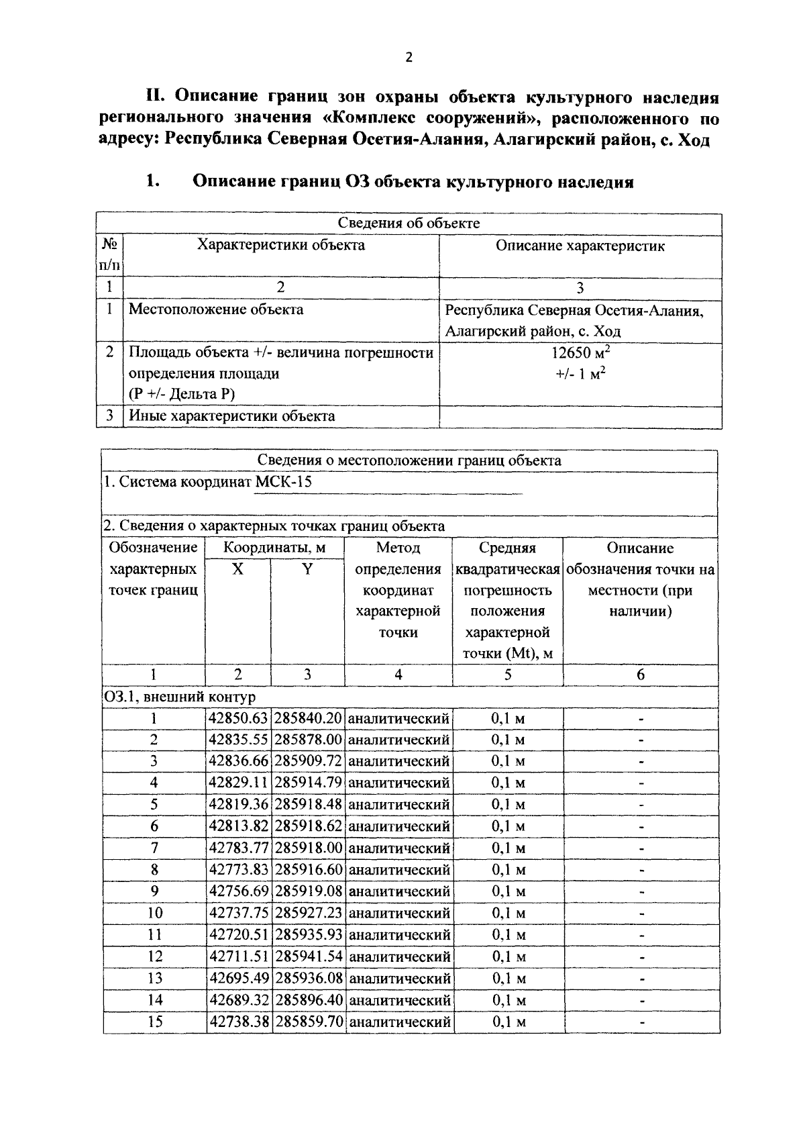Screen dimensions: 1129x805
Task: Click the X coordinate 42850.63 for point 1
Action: click(238, 718)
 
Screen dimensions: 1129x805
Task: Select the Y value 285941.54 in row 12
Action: click(309, 956)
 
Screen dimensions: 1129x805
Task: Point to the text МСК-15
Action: click(284, 482)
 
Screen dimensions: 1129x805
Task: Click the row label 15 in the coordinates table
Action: click(154, 1022)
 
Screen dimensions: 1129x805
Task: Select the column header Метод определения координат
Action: click(398, 590)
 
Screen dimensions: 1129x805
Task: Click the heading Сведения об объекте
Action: click(409, 224)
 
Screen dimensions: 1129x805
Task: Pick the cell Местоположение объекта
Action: click(216, 310)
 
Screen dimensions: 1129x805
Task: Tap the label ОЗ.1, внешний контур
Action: click(179, 697)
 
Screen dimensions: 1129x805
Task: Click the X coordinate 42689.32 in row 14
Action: click(239, 1000)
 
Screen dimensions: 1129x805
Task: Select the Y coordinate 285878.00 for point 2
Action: click(309, 740)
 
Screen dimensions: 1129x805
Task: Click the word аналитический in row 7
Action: click(399, 848)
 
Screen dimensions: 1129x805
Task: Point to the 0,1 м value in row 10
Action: click(508, 913)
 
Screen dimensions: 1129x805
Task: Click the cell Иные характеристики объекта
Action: click(232, 416)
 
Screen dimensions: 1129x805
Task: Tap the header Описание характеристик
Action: click(580, 246)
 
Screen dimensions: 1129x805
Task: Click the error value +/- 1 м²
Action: click(580, 374)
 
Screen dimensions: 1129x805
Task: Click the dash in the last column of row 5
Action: click(641, 805)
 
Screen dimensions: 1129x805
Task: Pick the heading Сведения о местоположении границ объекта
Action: click(409, 460)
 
